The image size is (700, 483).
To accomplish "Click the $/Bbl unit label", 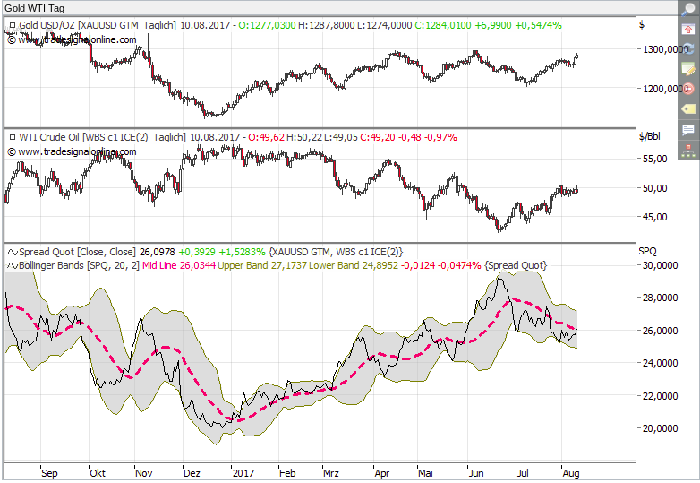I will [649, 137].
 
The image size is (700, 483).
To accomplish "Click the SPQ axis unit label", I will [646, 250].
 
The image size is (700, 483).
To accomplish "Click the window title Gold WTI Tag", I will [32, 7].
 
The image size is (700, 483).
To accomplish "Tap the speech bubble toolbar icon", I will [687, 130].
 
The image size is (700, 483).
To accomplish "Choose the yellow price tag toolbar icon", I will [687, 108].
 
